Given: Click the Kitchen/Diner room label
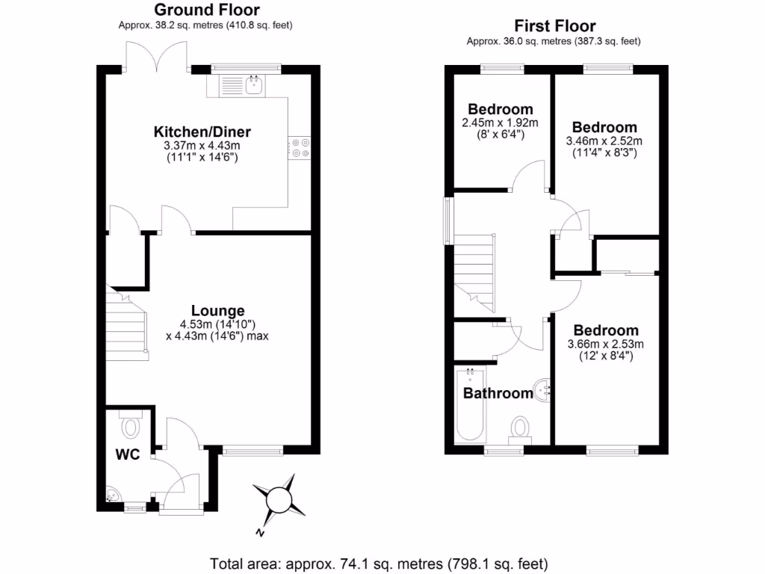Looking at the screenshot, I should [208, 132].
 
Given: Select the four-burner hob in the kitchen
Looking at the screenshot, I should [300, 147].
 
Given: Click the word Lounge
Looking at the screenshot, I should [217, 311].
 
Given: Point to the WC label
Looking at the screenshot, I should [128, 454].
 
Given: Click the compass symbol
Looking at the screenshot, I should [279, 499].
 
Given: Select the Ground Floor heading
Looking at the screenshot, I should [206, 10].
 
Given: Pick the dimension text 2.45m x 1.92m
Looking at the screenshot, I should [500, 123].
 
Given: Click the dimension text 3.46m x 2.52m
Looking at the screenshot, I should [604, 141].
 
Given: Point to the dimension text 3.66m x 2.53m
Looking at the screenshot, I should [606, 344].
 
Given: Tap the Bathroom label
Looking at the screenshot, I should [498, 393].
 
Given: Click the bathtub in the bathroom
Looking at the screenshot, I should [471, 407].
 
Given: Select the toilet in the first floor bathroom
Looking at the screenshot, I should [520, 428].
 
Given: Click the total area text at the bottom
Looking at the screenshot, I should [380, 563].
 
